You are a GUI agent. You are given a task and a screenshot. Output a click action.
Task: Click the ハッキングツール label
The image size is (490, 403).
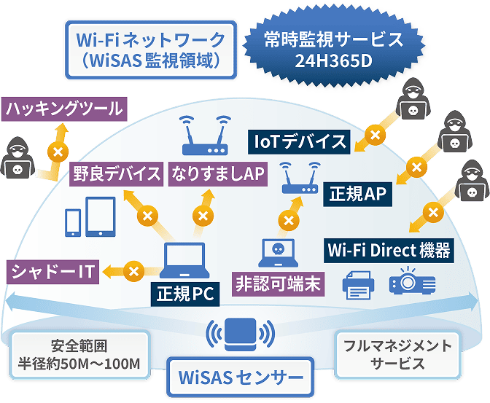click(x=63, y=110)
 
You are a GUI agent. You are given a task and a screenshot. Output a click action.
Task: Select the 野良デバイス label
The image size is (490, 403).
click(x=117, y=176)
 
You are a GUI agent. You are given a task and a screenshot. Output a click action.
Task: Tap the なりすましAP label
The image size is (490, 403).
click(x=217, y=175)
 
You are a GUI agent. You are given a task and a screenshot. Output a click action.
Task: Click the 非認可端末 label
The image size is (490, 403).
click(x=278, y=283)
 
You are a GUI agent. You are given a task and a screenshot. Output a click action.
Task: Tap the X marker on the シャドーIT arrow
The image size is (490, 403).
click(x=133, y=271)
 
